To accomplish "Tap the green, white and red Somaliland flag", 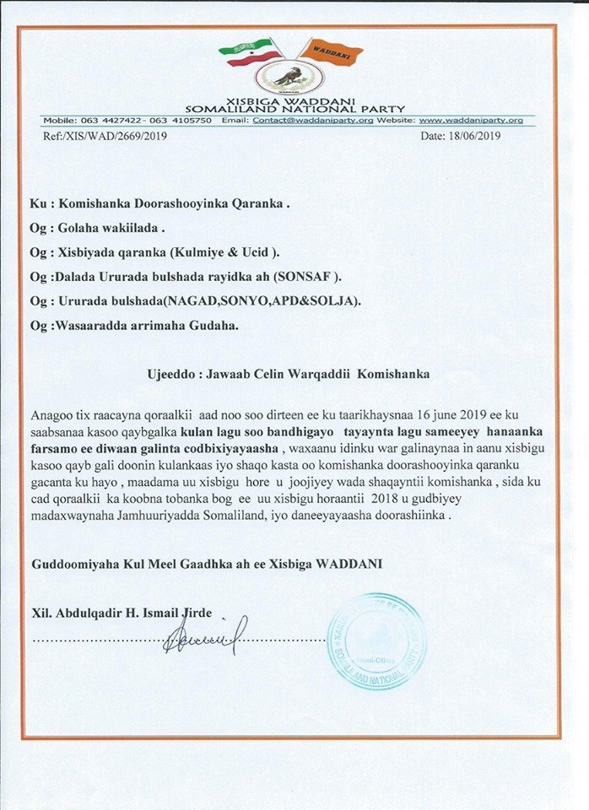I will click(x=251, y=53).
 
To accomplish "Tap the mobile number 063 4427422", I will click(x=103, y=121).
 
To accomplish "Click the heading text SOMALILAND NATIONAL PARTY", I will click(x=295, y=109).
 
